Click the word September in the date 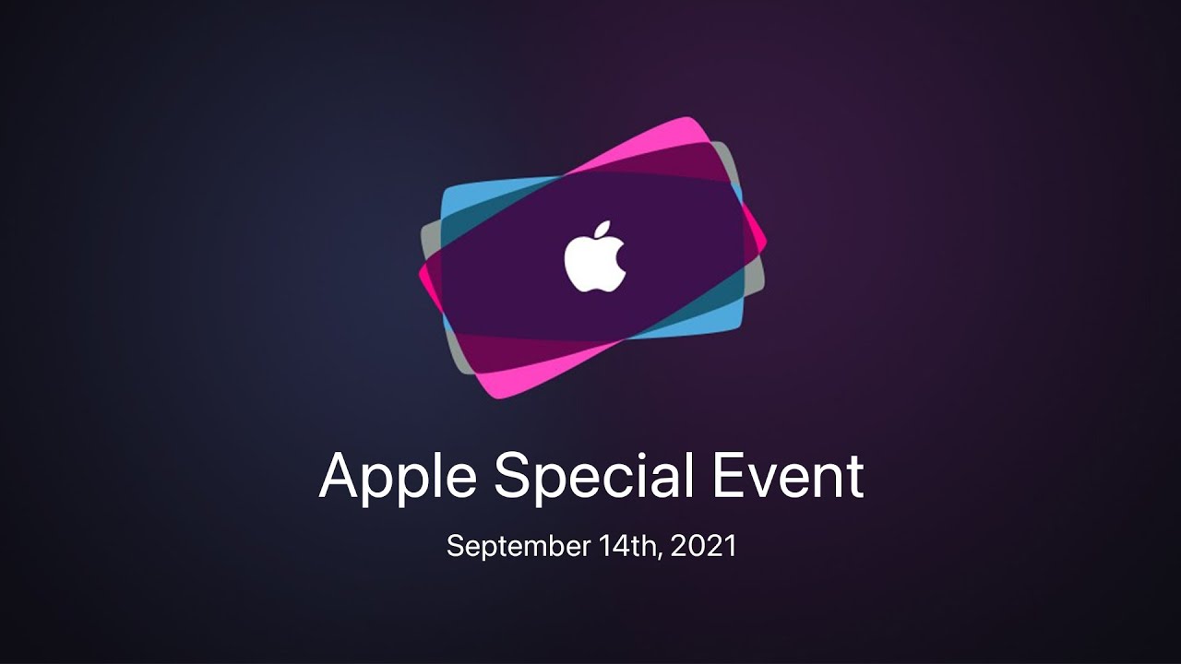coord(519,547)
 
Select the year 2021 coord(704,545)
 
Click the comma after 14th coord(661,555)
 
